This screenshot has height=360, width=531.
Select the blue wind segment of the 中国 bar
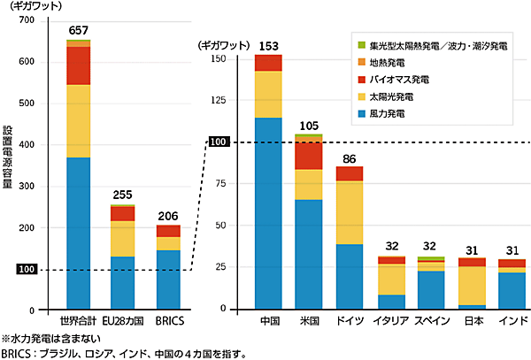(268, 212)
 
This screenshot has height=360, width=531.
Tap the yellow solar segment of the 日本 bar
(472, 285)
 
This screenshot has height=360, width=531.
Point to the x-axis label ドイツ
(350, 319)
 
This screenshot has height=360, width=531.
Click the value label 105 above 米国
(309, 126)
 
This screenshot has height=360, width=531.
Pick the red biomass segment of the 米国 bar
(309, 155)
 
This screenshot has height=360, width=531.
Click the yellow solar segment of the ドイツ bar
(350, 212)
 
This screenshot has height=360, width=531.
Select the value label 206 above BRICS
(168, 216)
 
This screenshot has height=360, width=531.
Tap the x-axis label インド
(512, 319)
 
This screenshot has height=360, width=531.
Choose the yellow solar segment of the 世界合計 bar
(78, 120)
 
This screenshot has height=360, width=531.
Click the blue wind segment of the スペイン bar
(431, 289)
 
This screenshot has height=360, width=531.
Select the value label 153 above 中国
(268, 46)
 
